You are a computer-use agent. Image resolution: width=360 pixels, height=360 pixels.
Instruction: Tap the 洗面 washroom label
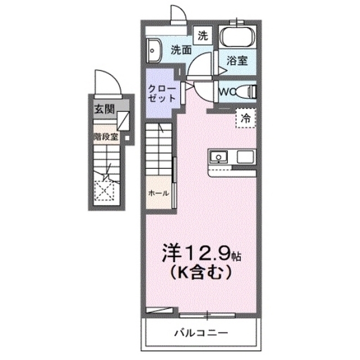coord(181,50)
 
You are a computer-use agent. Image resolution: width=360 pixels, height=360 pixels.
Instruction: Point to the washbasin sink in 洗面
coord(153,51)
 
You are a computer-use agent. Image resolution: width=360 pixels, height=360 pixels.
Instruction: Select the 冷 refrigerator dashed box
coord(246,118)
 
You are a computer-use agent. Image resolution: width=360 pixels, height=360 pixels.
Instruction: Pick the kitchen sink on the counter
coord(219,155)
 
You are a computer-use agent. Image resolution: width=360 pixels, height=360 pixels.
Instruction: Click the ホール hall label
coord(158,192)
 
